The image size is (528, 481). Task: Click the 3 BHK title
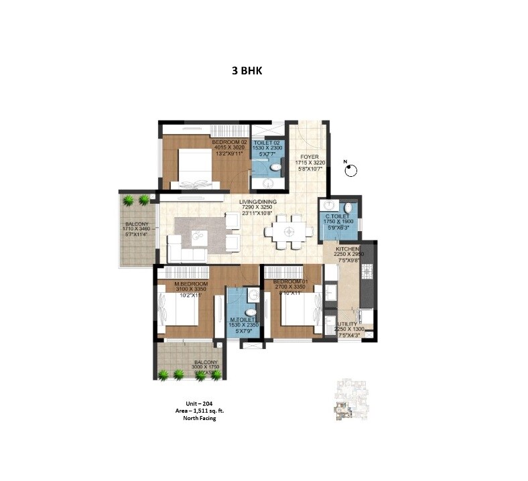pyautogui.click(x=245, y=70)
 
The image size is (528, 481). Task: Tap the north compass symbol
pyautogui.click(x=349, y=171)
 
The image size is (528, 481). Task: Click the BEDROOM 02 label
pyautogui.click(x=229, y=143)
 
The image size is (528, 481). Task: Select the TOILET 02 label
pyautogui.click(x=267, y=143)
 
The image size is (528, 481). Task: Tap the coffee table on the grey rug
pyautogui.click(x=198, y=236)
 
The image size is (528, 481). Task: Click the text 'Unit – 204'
pyautogui.click(x=200, y=403)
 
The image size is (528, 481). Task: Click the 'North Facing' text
pyautogui.click(x=200, y=418)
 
